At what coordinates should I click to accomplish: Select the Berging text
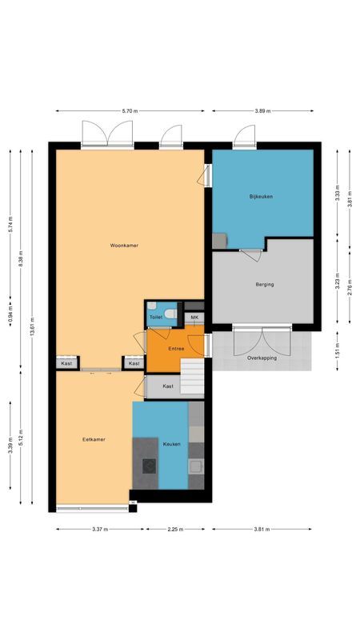click(x=265, y=284)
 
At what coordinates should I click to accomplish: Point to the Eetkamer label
click(x=94, y=439)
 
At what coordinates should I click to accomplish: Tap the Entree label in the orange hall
click(x=176, y=349)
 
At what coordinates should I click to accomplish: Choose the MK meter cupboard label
click(x=194, y=318)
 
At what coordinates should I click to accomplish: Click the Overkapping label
click(x=262, y=358)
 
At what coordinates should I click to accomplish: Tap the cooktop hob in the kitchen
click(x=149, y=466)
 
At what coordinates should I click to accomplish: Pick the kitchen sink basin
click(x=194, y=466)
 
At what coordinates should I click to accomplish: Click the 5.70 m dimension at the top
click(x=130, y=111)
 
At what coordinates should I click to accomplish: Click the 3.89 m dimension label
click(x=262, y=111)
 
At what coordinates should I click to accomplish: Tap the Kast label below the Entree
click(x=168, y=386)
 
